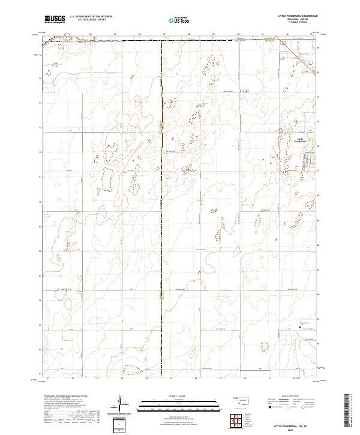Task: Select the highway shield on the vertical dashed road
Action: [x=163, y=125]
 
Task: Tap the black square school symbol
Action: [x=301, y=327]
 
